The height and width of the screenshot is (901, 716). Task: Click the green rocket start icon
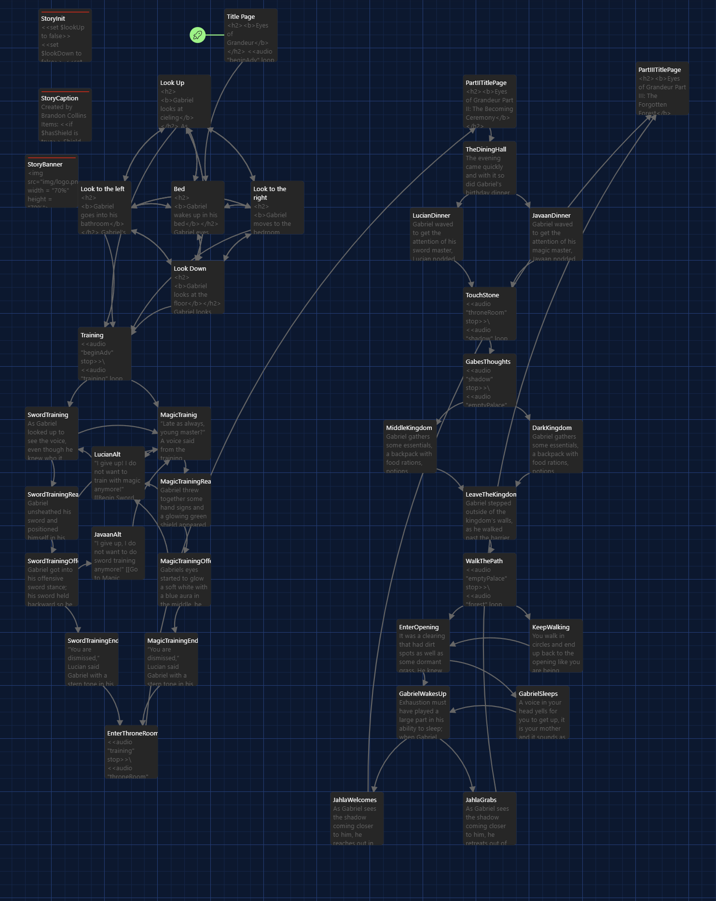(x=197, y=35)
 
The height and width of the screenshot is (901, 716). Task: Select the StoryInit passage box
(x=65, y=36)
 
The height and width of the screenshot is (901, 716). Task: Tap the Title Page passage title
(x=241, y=16)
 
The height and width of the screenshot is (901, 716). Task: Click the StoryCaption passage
(x=65, y=115)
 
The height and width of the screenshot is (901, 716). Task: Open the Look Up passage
(x=184, y=101)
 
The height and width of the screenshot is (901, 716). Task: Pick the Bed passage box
(x=198, y=208)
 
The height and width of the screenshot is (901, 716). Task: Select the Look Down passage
(x=198, y=287)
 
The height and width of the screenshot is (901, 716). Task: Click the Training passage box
(x=105, y=354)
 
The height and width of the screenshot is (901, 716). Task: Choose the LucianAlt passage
(x=118, y=473)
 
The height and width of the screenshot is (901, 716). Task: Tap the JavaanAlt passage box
(x=118, y=553)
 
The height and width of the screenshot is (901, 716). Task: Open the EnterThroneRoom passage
(x=131, y=752)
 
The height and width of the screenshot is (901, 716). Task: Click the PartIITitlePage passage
(x=490, y=101)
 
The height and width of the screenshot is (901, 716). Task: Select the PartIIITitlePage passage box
(x=662, y=88)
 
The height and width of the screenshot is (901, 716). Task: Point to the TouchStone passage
(x=490, y=314)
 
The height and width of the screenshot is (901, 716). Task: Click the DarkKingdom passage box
(x=556, y=446)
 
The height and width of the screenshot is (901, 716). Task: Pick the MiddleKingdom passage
(x=410, y=446)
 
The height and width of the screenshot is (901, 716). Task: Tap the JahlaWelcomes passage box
(x=357, y=818)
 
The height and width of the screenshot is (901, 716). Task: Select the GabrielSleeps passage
(x=543, y=712)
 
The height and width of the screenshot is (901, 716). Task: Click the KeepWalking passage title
(x=551, y=627)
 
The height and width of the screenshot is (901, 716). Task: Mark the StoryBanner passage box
(x=52, y=181)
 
